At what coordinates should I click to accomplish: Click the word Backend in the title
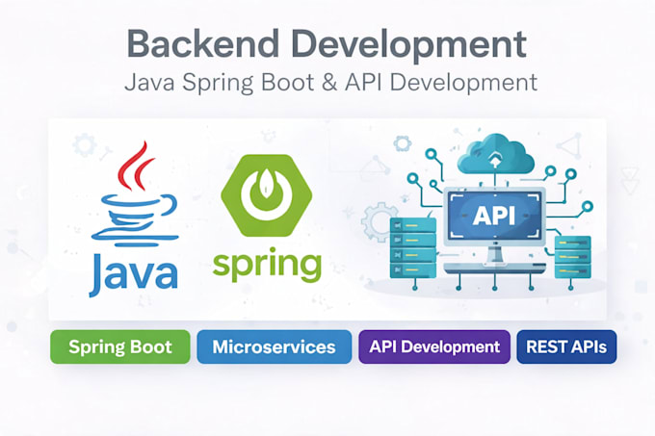click(203, 44)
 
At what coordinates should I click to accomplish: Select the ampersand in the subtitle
click(329, 82)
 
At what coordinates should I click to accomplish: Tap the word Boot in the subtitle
click(287, 82)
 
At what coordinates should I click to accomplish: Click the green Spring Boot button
click(120, 346)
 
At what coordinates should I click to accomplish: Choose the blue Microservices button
click(274, 346)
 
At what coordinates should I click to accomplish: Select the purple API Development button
click(434, 346)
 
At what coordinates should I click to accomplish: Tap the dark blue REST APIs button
click(566, 346)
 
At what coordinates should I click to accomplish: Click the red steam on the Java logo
click(135, 167)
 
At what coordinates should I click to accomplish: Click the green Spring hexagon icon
click(267, 195)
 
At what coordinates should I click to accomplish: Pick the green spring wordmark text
click(268, 265)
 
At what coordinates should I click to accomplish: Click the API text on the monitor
click(494, 216)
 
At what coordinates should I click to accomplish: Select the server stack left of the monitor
click(412, 247)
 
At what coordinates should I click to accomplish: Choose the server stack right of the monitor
click(573, 257)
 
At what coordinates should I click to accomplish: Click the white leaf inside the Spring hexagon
click(266, 184)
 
